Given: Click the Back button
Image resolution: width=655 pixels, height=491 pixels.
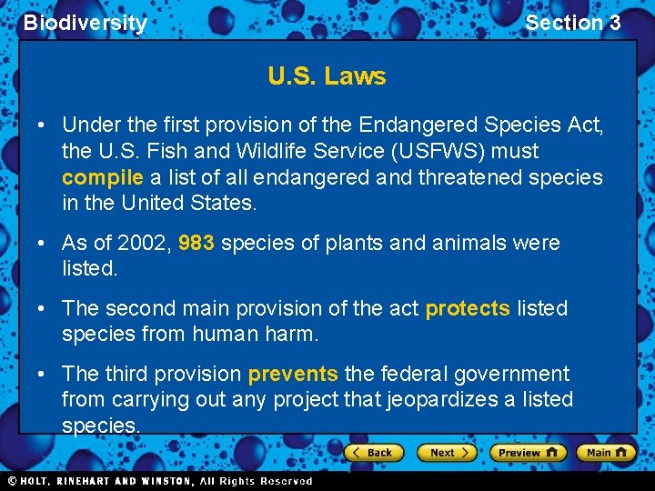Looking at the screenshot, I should [x=373, y=452].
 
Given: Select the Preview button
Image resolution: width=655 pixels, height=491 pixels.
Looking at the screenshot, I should [x=527, y=452].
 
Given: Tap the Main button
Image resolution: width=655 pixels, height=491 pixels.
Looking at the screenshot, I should [x=605, y=452].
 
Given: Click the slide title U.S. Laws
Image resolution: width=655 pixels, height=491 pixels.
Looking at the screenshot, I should [x=327, y=76].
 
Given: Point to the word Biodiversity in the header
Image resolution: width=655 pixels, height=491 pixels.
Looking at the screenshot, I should [x=85, y=23].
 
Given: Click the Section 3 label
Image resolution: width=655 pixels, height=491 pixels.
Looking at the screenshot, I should [x=572, y=23].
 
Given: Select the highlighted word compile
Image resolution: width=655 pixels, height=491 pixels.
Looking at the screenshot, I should [x=102, y=177].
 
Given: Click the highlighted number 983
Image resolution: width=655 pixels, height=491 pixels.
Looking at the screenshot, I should [x=196, y=244].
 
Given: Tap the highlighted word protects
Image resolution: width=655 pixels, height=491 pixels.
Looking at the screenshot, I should [x=468, y=309].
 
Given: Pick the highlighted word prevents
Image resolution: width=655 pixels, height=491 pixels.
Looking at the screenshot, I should [x=293, y=374].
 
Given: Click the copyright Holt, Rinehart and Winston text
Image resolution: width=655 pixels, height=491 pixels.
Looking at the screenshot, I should [x=159, y=481].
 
